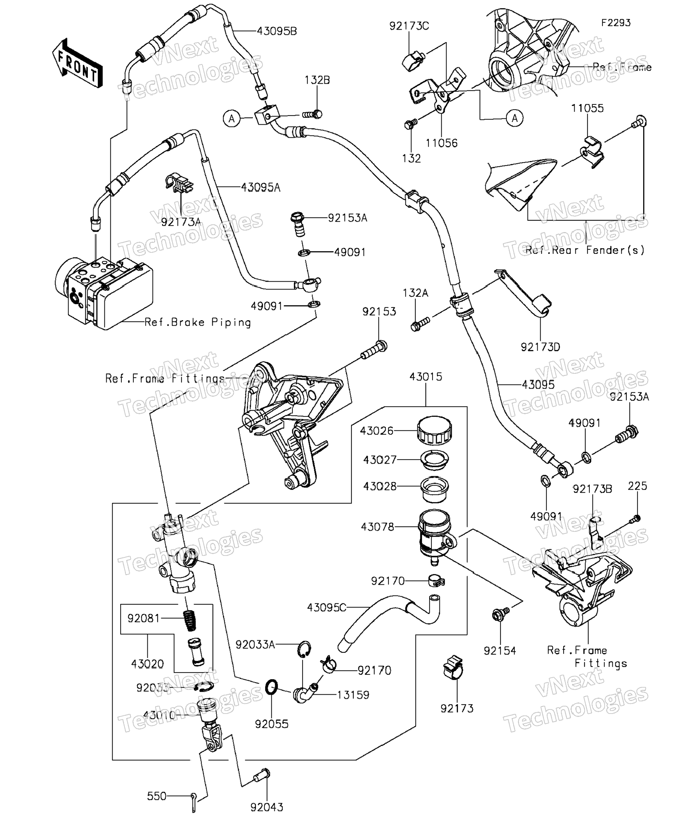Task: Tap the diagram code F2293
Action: tap(615, 23)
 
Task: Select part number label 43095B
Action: tap(277, 31)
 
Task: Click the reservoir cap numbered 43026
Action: tap(434, 430)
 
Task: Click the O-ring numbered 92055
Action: tap(271, 687)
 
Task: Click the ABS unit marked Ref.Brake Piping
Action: tap(104, 292)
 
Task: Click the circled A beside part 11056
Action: tap(514, 118)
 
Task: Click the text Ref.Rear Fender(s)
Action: tap(585, 250)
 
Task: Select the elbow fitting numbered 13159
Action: tap(305, 694)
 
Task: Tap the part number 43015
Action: tap(425, 376)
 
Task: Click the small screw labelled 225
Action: tap(636, 519)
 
